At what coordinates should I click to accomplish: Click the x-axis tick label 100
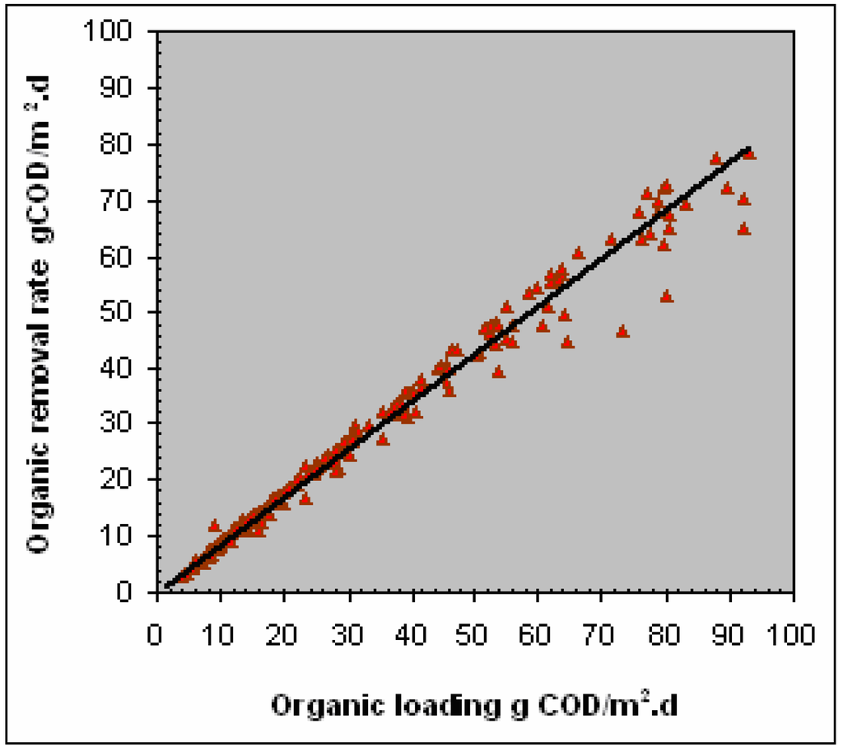click(x=793, y=616)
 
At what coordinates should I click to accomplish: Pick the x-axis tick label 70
click(x=602, y=616)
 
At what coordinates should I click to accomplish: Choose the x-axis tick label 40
click(x=411, y=616)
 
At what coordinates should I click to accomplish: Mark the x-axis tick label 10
click(x=220, y=616)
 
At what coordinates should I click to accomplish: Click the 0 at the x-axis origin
click(x=156, y=616)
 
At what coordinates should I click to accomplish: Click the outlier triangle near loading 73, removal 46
click(x=622, y=331)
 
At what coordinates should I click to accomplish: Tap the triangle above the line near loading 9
click(x=215, y=525)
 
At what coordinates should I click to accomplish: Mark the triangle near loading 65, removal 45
click(x=567, y=342)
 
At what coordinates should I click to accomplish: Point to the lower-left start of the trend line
click(x=167, y=585)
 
